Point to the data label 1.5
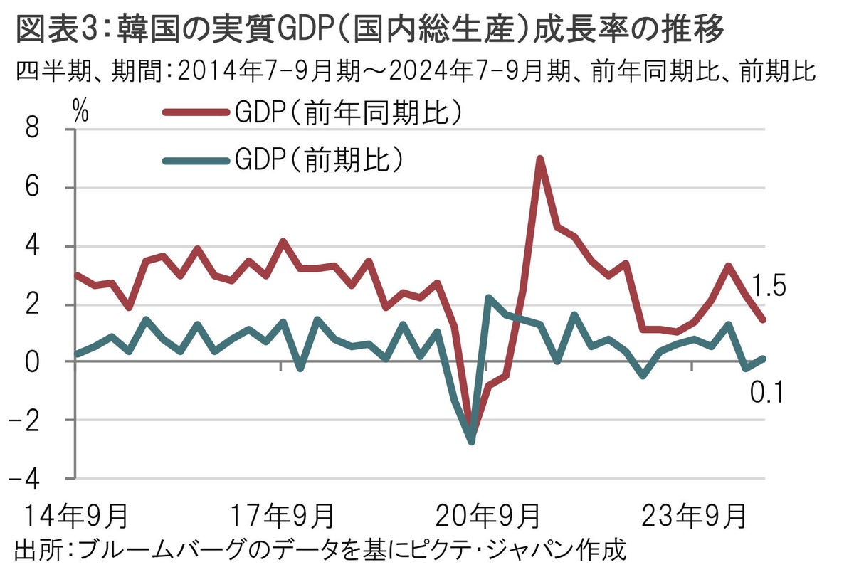coord(768,287)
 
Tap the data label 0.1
coord(768,391)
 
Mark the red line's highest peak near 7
coord(540,159)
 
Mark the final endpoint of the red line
coord(763,319)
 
